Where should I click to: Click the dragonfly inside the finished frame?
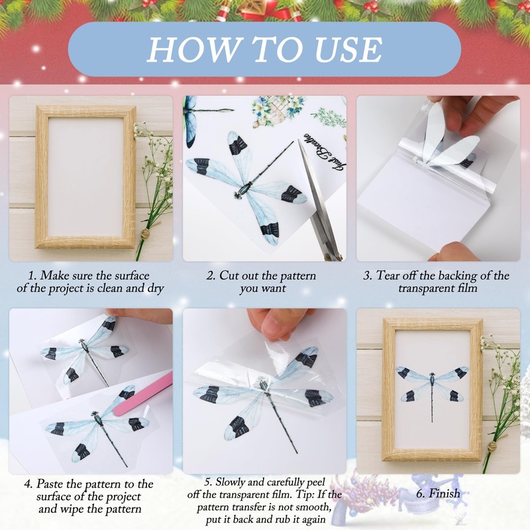pos(433,389)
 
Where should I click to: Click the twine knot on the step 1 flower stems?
pos(145,234)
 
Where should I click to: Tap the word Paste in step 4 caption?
pos(50,484)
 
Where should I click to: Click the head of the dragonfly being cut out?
pos(237,195)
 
